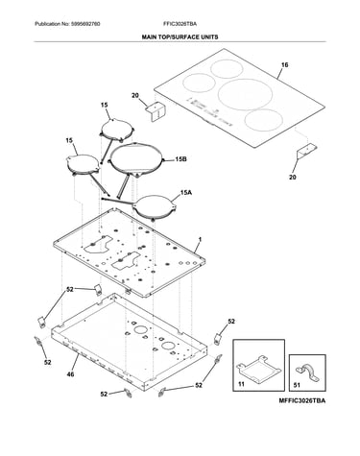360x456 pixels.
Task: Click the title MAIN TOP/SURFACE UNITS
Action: pyautogui.click(x=180, y=37)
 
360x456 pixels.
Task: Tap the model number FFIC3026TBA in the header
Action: pyautogui.click(x=180, y=24)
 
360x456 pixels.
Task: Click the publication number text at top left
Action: pyautogui.click(x=67, y=24)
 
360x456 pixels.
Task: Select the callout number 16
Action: pyautogui.click(x=284, y=65)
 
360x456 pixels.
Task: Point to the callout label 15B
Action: pyautogui.click(x=180, y=159)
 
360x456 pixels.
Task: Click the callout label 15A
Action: pyautogui.click(x=186, y=193)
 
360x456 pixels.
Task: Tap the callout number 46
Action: pyautogui.click(x=70, y=373)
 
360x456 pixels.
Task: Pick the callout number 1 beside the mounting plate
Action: pyautogui.click(x=201, y=239)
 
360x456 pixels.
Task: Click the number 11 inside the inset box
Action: pyautogui.click(x=241, y=384)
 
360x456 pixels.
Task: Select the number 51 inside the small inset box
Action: pyautogui.click(x=297, y=385)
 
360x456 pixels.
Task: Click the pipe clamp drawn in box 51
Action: pyautogui.click(x=307, y=372)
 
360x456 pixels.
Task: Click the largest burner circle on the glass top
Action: pyautogui.click(x=246, y=94)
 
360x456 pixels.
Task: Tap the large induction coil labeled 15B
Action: pyautogui.click(x=137, y=159)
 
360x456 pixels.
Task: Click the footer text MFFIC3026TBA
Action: pyautogui.click(x=302, y=400)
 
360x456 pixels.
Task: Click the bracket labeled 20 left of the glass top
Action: pyautogui.click(x=156, y=110)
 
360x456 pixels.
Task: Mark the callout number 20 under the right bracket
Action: pyautogui.click(x=293, y=177)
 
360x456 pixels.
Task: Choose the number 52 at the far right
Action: pyautogui.click(x=231, y=321)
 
